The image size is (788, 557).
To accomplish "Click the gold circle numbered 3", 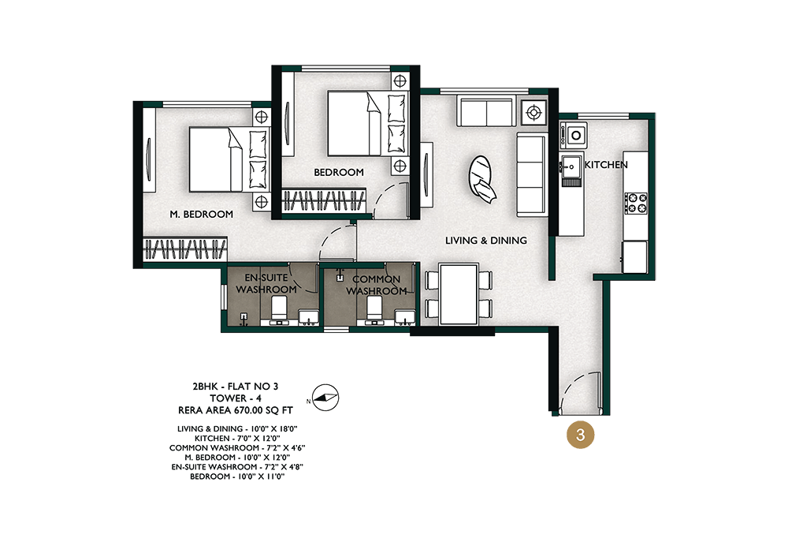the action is [x=581, y=434].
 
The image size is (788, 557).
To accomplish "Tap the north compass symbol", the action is [x=325, y=398].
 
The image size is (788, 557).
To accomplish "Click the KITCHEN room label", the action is [x=606, y=165].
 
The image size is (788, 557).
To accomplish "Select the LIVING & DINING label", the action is [x=486, y=241].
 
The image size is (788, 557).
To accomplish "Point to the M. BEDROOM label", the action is [x=201, y=214].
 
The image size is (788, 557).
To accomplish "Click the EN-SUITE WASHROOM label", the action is [x=266, y=284].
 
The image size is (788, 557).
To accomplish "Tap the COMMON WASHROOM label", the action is [x=377, y=286].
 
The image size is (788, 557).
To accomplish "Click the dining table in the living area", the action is [x=459, y=294].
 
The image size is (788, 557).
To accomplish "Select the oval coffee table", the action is [x=480, y=176].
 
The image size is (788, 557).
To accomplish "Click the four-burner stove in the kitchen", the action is [x=636, y=203].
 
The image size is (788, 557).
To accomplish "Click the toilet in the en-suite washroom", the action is [x=278, y=310].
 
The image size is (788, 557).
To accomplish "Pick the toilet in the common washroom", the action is [x=374, y=310].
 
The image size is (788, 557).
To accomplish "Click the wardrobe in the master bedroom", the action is [x=185, y=249].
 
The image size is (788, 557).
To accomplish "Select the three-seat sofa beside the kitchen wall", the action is [x=532, y=176].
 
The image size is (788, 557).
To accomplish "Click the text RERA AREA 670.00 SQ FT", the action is [x=235, y=410].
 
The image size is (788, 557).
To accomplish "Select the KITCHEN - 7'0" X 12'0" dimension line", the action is [x=238, y=438].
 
